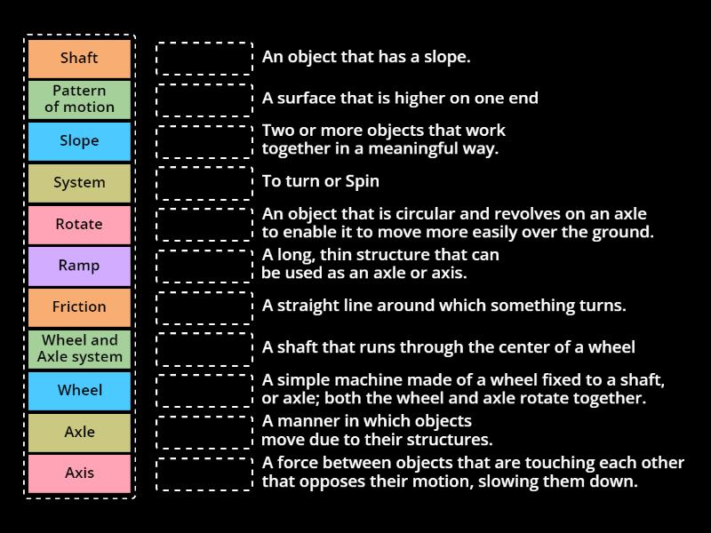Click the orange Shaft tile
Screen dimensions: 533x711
79,59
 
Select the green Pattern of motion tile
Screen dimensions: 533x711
79,99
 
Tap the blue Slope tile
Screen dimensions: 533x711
79,141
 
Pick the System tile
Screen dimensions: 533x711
79,183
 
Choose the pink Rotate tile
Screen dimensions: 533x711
79,224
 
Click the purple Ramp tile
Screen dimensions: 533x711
79,266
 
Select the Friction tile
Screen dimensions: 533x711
79,307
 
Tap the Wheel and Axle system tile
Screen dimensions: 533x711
79,348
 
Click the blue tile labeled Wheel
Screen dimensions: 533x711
79,390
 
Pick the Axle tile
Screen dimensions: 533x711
79,432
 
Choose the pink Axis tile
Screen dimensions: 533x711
79,473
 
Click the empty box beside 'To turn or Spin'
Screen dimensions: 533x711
204,183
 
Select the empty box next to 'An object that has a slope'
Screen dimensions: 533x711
204,59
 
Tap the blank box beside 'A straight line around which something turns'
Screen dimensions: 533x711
204,307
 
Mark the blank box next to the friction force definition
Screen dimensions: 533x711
204,473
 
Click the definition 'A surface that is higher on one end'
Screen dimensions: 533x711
400,99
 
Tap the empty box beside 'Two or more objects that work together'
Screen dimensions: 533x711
204,141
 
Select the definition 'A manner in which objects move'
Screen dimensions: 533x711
377,430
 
